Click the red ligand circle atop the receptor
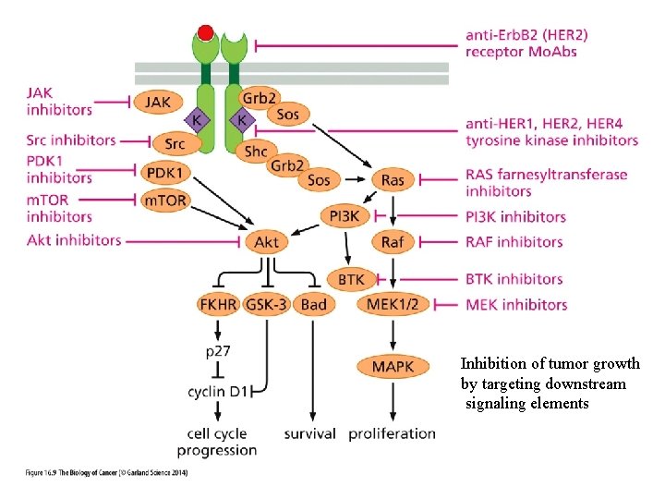point(206,33)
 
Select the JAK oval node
point(158,102)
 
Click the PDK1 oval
point(166,172)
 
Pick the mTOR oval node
point(166,199)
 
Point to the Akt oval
point(266,242)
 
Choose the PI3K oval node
point(345,216)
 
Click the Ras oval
point(393,180)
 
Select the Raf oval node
point(393,242)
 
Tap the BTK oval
point(352,278)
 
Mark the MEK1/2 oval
point(393,304)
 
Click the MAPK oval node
point(393,367)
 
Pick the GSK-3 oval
point(266,304)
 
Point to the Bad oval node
point(314,304)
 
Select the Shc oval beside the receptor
point(256,151)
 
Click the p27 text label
point(218,351)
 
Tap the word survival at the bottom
point(309,433)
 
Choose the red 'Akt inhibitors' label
point(75,240)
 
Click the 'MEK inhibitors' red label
point(516,304)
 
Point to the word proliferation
point(393,433)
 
